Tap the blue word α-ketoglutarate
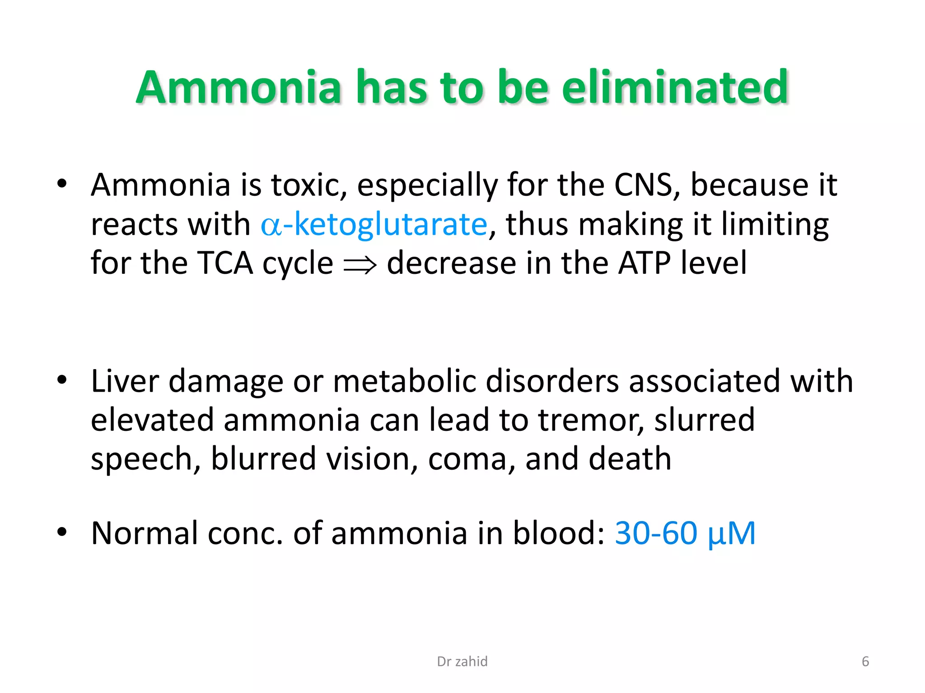(x=374, y=224)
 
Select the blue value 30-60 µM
(x=685, y=533)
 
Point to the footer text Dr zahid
(x=462, y=661)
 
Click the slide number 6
(x=865, y=661)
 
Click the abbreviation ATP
(x=644, y=263)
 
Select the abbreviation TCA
(x=225, y=263)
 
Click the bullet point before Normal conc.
(x=62, y=532)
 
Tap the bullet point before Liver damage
(x=62, y=380)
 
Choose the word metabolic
(x=405, y=381)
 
